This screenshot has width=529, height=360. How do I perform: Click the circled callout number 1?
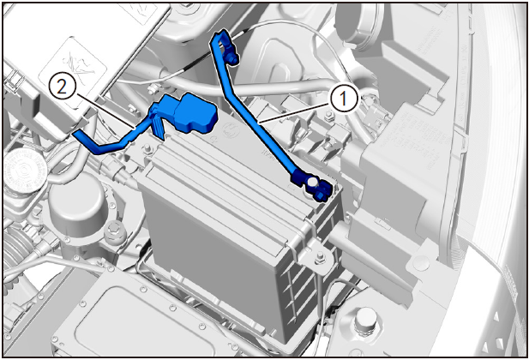[343, 99]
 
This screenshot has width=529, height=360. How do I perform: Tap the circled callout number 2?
[63, 87]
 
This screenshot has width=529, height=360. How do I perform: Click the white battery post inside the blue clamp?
[312, 182]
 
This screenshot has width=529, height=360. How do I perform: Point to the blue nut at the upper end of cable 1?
[232, 60]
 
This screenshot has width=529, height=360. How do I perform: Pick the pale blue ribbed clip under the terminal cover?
[158, 127]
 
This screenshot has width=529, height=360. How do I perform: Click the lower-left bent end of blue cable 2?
[79, 135]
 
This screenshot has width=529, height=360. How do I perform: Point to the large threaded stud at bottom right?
[366, 319]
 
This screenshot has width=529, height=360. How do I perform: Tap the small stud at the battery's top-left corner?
[147, 148]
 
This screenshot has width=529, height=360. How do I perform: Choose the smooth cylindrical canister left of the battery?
[78, 201]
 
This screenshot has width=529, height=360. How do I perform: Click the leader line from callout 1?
[293, 113]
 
